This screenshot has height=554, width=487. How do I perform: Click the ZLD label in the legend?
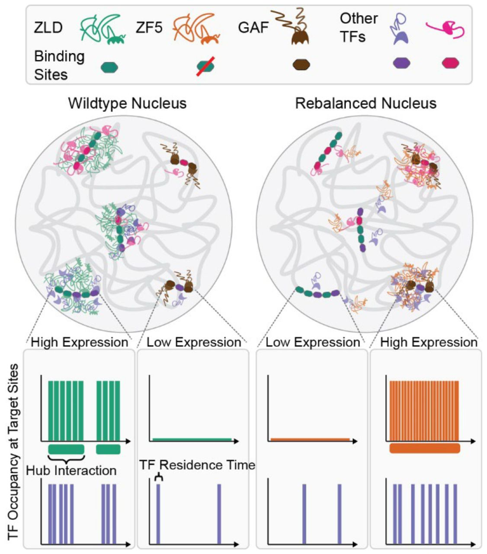[48, 28]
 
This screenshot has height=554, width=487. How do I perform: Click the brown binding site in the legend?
[301, 65]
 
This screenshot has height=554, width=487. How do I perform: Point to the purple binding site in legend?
[401, 64]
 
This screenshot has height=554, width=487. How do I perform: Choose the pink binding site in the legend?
[450, 64]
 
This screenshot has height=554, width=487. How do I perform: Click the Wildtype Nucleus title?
[128, 104]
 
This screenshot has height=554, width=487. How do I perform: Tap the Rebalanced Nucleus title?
[366, 104]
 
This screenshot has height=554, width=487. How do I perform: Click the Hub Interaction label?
[71, 470]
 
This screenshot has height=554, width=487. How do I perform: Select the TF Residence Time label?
[197, 465]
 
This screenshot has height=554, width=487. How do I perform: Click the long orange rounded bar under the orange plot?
[424, 448]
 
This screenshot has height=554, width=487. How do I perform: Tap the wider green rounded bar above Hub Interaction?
[66, 449]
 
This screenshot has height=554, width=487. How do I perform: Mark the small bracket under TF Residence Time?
[159, 478]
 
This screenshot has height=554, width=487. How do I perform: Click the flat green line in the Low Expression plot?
[192, 439]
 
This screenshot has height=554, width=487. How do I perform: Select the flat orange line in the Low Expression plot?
[310, 439]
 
